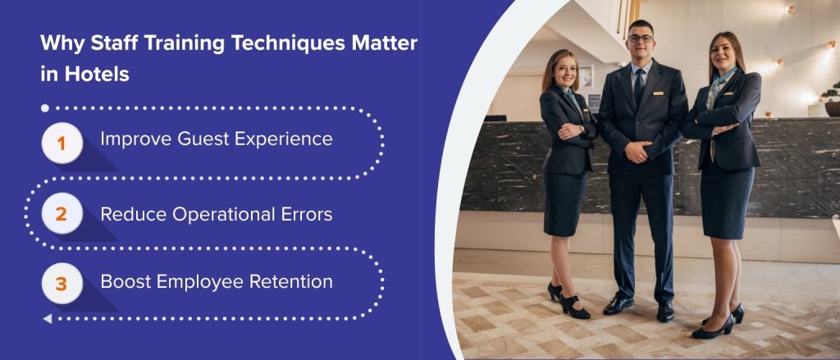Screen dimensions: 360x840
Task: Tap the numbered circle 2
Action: pos(61,215)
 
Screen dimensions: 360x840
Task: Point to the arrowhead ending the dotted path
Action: pos(48,318)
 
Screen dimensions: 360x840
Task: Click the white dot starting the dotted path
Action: pos(45,107)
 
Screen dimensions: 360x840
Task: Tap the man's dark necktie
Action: pos(639,86)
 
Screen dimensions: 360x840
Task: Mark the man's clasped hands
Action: pos(638,152)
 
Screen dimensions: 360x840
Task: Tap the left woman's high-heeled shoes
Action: pos(569,303)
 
